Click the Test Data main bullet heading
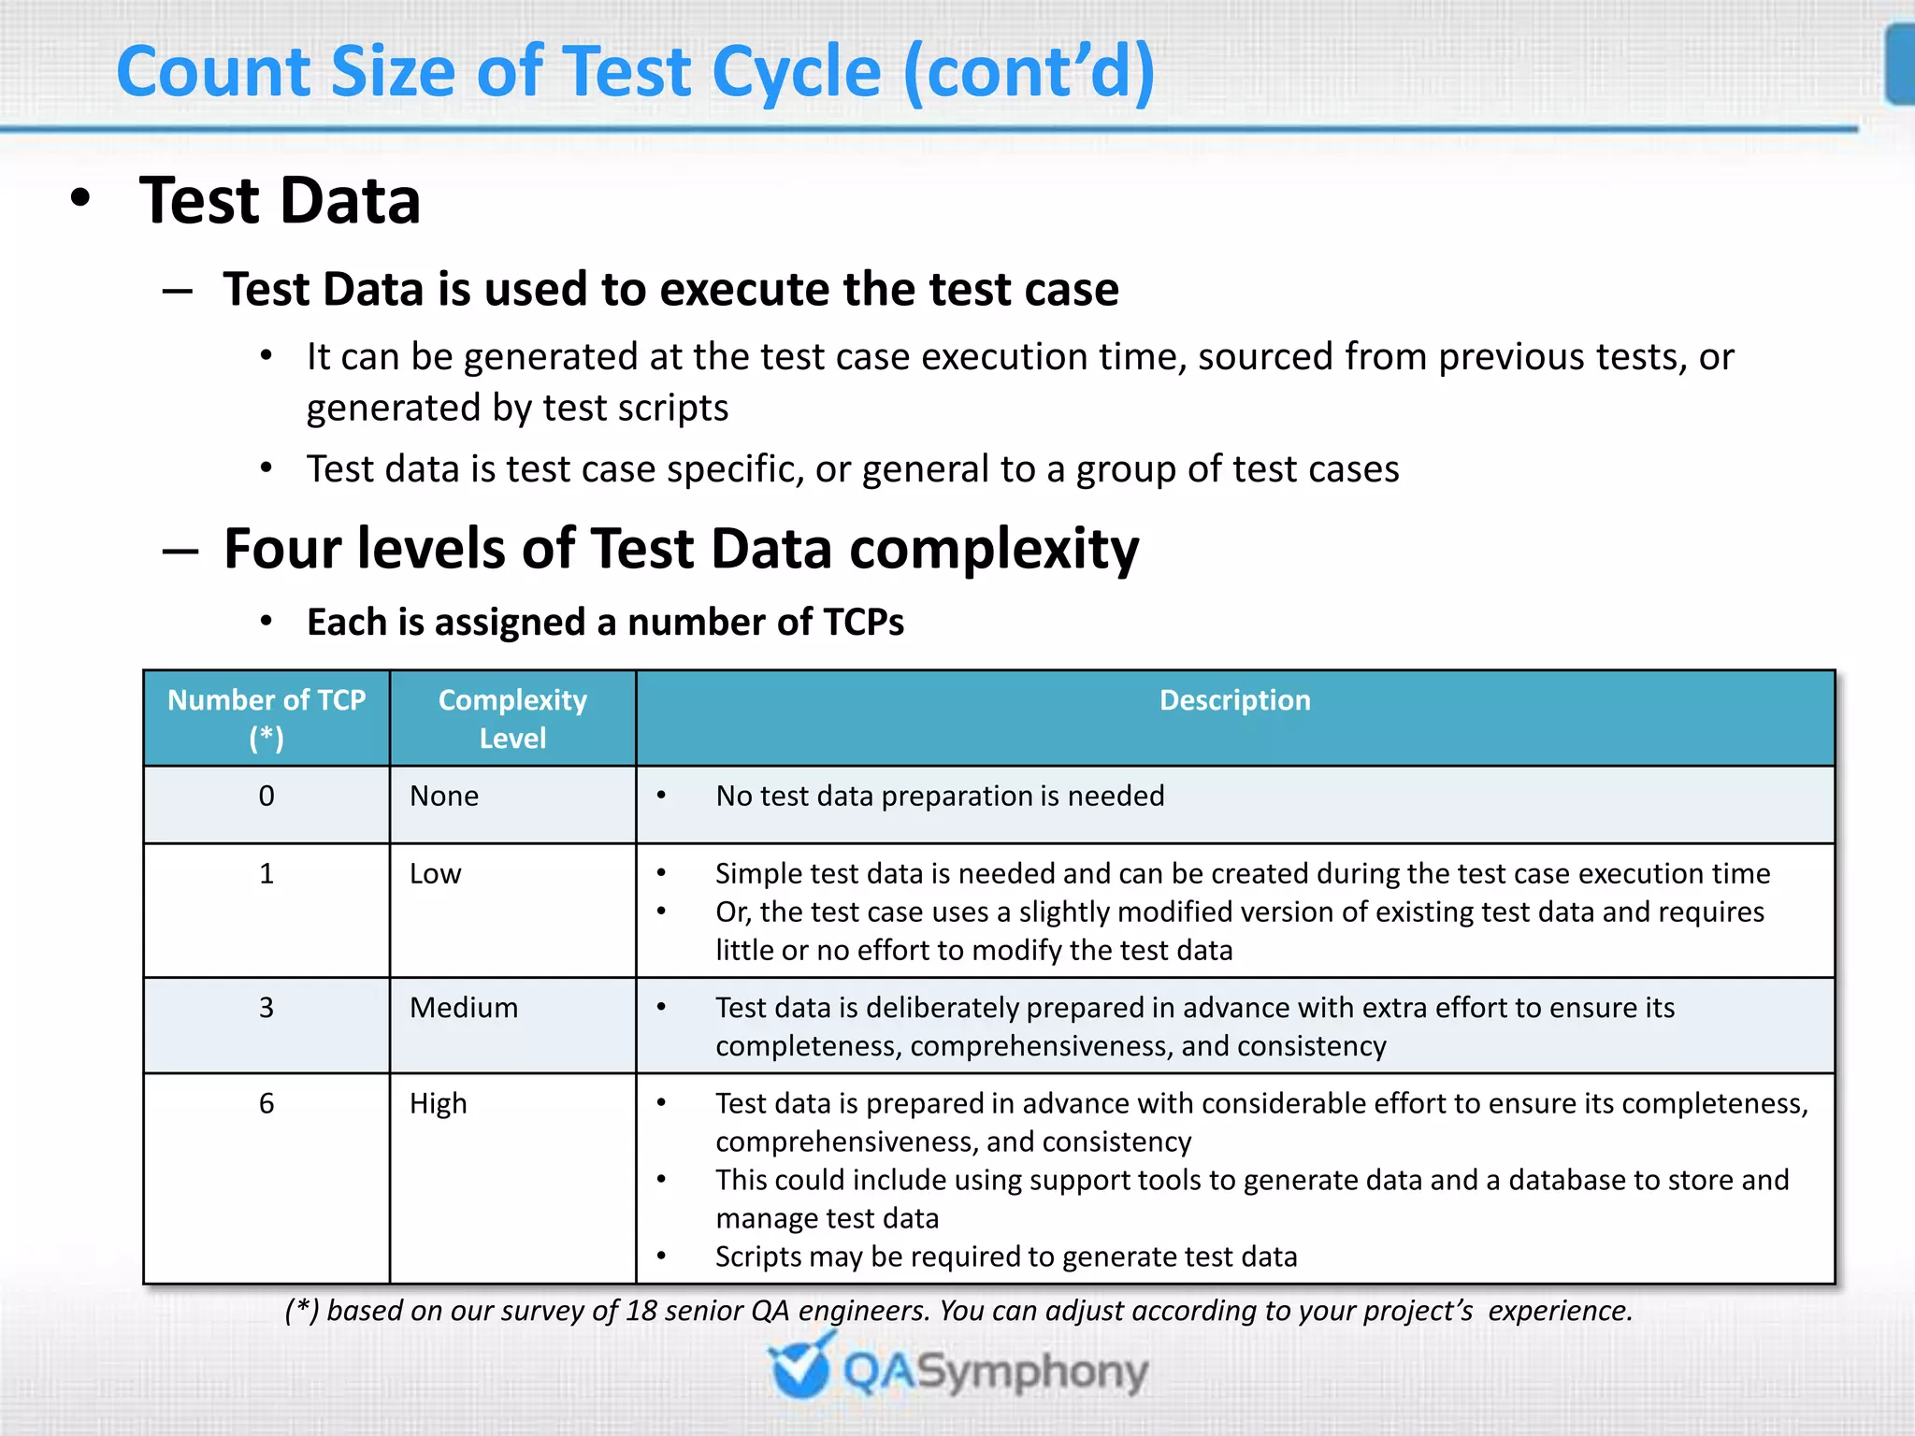(280, 201)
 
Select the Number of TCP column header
(266, 718)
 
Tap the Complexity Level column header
(512, 718)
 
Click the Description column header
(1234, 700)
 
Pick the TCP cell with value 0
(266, 797)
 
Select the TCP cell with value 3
(266, 1008)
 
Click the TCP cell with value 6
(266, 1104)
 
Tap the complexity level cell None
(444, 797)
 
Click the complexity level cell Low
(436, 874)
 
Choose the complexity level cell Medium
(464, 1008)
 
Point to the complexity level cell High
(438, 1104)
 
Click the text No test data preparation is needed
(940, 797)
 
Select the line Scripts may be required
(1006, 1257)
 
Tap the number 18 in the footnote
(641, 1311)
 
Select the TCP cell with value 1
(266, 874)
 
